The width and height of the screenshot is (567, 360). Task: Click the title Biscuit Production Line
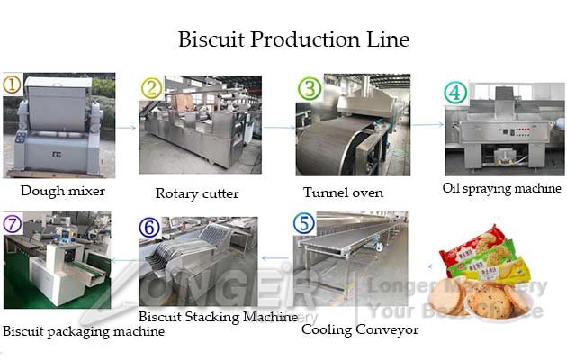pyautogui.click(x=293, y=40)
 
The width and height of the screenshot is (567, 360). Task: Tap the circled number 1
pyautogui.click(x=12, y=85)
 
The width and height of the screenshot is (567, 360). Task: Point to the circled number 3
pyautogui.click(x=310, y=88)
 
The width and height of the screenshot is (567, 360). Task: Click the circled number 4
pyautogui.click(x=455, y=93)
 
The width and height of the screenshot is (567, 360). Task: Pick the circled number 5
pyautogui.click(x=305, y=223)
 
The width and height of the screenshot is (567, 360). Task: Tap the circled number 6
pyautogui.click(x=150, y=227)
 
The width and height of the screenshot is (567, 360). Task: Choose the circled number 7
pyautogui.click(x=13, y=223)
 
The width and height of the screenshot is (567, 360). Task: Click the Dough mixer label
pyautogui.click(x=63, y=191)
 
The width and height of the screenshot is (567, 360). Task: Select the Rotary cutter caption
pyautogui.click(x=196, y=193)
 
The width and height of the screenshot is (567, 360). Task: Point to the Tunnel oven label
pyautogui.click(x=343, y=193)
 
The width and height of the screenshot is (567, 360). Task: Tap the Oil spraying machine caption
pyautogui.click(x=501, y=188)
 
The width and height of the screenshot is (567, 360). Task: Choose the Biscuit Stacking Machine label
pyautogui.click(x=218, y=317)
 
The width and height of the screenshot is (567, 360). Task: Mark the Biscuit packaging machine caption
pyautogui.click(x=83, y=331)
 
